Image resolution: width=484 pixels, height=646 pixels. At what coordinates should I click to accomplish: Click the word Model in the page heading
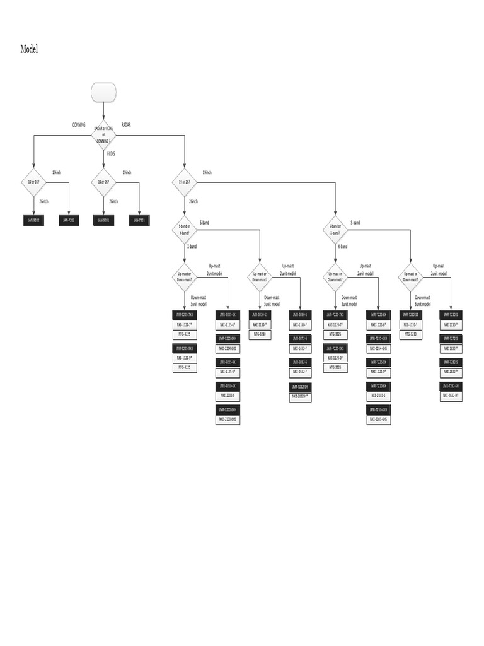pyautogui.click(x=29, y=49)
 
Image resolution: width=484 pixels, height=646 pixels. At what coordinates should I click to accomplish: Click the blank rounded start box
pyautogui.click(x=104, y=93)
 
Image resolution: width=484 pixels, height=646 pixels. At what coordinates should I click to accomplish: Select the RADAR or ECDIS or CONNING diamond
pyautogui.click(x=104, y=134)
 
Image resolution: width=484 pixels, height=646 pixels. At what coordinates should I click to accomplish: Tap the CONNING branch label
pyautogui.click(x=79, y=125)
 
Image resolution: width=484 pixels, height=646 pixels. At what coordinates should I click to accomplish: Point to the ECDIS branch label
pyautogui.click(x=111, y=153)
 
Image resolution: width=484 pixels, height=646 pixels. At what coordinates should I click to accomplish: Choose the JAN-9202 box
pyautogui.click(x=33, y=220)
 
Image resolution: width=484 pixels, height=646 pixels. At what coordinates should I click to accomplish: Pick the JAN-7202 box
pyautogui.click(x=69, y=220)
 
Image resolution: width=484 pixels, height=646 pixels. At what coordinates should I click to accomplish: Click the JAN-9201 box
pyautogui.click(x=103, y=220)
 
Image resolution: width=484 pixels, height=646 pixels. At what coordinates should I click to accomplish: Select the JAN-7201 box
pyautogui.click(x=139, y=220)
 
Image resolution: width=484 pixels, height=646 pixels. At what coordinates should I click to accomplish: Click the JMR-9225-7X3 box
pyautogui.click(x=185, y=314)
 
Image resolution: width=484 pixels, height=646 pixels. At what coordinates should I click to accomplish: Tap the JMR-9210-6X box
pyautogui.click(x=228, y=385)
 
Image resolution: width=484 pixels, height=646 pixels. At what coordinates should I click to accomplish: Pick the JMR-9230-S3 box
pyautogui.click(x=260, y=314)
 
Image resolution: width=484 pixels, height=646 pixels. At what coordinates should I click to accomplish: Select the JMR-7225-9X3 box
pyautogui.click(x=335, y=348)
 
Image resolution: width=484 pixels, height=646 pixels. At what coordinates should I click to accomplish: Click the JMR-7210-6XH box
pyautogui.click(x=378, y=409)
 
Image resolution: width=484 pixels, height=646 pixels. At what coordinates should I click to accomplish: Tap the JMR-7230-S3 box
pyautogui.click(x=411, y=314)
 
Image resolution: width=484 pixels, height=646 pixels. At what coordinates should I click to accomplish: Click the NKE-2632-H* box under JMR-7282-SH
pyautogui.click(x=451, y=395)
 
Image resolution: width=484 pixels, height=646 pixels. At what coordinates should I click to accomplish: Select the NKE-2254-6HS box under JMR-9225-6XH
pyautogui.click(x=228, y=348)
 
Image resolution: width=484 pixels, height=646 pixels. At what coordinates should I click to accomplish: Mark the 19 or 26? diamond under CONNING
pyautogui.click(x=33, y=182)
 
